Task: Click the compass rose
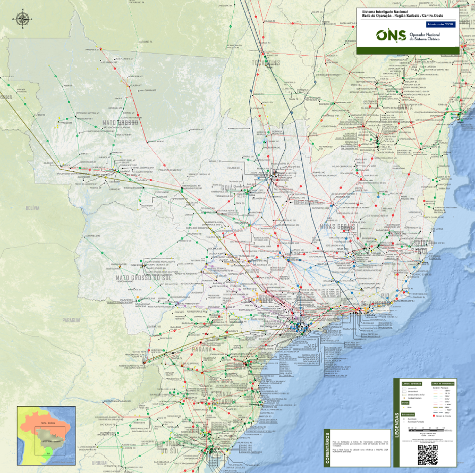[x=22, y=20]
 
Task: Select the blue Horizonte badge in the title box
[x=440, y=25]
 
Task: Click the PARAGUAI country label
[x=71, y=320]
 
